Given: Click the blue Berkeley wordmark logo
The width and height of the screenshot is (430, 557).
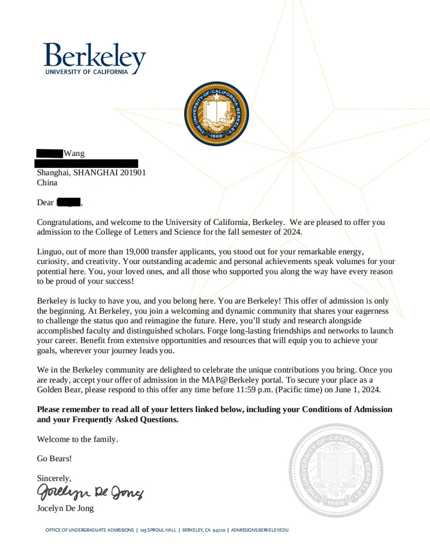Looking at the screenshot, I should [95, 58].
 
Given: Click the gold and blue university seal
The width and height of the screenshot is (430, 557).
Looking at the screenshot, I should [216, 114].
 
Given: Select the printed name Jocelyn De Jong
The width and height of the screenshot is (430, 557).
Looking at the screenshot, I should [65, 508].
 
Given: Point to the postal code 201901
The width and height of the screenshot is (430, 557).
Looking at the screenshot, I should [133, 173].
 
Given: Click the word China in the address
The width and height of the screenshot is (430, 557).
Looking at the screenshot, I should [47, 183].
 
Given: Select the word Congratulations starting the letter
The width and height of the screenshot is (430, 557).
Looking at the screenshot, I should [65, 223].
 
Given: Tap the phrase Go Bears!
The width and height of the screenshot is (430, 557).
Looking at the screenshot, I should [54, 459].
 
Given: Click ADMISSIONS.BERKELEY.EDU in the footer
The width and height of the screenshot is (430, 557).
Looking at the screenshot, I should [260, 530].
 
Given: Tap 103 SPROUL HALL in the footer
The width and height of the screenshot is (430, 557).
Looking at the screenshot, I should [157, 530].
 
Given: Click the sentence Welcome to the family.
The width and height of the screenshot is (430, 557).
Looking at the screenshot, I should [77, 439].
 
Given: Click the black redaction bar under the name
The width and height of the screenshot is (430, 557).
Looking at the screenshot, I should [86, 163].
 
